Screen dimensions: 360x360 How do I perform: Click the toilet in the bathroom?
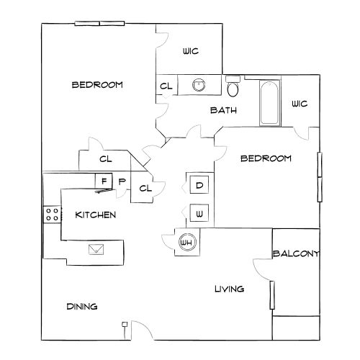[233, 86]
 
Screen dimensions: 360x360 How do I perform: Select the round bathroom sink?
[199, 85]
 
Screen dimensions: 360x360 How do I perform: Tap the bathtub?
[270, 103]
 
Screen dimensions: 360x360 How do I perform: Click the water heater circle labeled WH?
[187, 242]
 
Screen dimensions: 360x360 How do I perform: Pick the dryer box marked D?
[199, 185]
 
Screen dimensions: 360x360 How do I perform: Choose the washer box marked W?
[199, 213]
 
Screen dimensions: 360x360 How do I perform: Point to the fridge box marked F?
[104, 181]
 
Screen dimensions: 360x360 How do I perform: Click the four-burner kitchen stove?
[52, 215]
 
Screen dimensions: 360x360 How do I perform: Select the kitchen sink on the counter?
[96, 249]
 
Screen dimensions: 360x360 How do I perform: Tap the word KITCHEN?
[96, 215]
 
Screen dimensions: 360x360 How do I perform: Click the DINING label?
[82, 307]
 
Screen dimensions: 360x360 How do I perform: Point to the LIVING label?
[230, 289]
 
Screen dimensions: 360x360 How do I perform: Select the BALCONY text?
[296, 253]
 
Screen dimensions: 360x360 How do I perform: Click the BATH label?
[223, 110]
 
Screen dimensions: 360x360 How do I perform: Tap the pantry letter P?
[122, 181]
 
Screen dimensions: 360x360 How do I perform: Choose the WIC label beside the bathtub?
[300, 104]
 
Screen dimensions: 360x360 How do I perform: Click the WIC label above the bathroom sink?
[191, 51]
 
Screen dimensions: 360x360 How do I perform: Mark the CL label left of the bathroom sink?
[166, 86]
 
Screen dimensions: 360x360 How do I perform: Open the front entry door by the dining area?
[142, 330]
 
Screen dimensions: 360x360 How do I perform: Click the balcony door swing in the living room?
[263, 269]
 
